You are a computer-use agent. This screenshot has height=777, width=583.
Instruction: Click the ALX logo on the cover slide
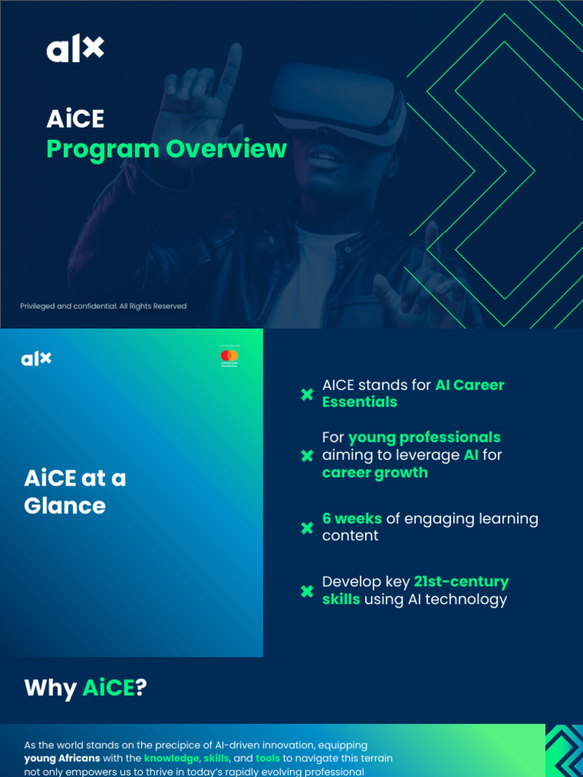point(75,50)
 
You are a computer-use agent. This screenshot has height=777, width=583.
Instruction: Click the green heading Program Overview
point(166,149)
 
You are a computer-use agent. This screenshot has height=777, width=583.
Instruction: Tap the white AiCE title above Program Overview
point(75,119)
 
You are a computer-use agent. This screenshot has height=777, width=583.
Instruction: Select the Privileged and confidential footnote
point(103,307)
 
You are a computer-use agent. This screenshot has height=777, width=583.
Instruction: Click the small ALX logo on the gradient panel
point(36,358)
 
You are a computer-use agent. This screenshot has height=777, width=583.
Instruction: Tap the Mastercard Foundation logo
point(229,357)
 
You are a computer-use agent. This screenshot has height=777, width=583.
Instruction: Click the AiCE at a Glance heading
point(74,492)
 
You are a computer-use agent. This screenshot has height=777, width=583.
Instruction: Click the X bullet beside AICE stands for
point(307,394)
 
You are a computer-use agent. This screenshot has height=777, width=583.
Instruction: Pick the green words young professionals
point(424,438)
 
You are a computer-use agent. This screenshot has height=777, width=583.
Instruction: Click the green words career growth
point(375,473)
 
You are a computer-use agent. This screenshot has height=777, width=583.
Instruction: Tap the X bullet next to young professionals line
point(307,455)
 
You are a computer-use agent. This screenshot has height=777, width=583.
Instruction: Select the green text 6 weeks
point(352,519)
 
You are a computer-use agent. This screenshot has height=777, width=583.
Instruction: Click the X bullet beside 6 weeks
point(307,527)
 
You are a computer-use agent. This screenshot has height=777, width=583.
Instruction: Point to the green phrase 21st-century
point(461,582)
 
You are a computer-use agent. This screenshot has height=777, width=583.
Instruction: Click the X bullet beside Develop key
point(307,591)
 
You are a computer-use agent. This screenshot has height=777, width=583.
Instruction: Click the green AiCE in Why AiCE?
point(108,688)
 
